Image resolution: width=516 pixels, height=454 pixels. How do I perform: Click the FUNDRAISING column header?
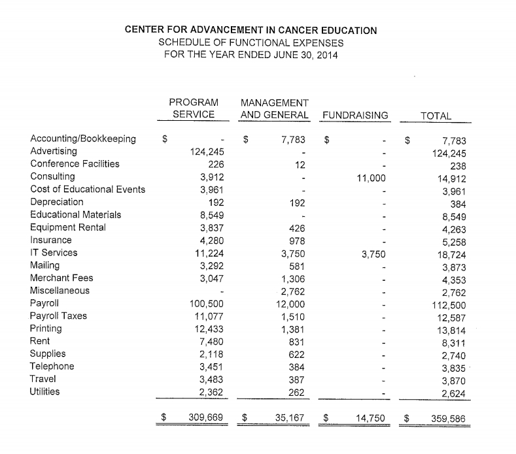point(355,116)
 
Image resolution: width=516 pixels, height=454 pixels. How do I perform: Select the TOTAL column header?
point(436,116)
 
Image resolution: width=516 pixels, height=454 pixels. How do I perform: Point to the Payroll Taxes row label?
point(59,316)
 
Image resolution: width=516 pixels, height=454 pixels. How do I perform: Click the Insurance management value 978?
point(298,240)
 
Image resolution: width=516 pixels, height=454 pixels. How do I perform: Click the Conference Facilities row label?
point(75,163)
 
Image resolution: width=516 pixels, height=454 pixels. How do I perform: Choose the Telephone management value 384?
point(298,366)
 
